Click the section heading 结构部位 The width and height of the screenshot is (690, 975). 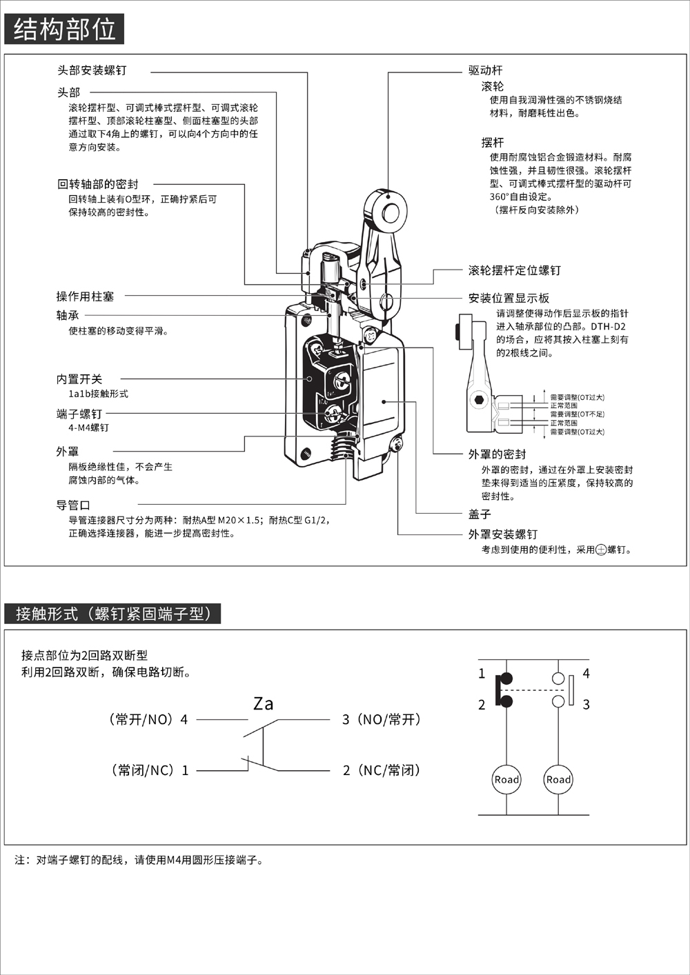(x=64, y=30)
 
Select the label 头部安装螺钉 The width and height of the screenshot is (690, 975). (x=92, y=70)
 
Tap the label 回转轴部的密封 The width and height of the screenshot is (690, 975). (x=98, y=184)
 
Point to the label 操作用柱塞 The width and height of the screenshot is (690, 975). (x=85, y=296)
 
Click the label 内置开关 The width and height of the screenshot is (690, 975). (x=79, y=379)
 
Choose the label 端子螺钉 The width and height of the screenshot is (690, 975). (x=79, y=414)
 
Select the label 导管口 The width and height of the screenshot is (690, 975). (x=73, y=505)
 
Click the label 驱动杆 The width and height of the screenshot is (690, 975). (x=485, y=70)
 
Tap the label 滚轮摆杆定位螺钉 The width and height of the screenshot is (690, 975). (x=514, y=270)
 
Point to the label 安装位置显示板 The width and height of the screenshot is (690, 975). (x=509, y=298)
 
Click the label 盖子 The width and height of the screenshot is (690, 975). (x=480, y=514)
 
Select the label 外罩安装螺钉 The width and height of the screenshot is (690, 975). (x=502, y=534)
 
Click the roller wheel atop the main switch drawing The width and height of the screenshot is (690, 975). (x=388, y=211)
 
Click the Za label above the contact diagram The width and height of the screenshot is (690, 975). (x=263, y=704)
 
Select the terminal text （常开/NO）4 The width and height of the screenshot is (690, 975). (x=148, y=719)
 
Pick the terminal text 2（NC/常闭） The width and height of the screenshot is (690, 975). (x=382, y=770)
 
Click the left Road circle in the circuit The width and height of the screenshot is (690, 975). (x=506, y=780)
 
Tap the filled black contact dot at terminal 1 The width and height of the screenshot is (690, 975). (x=506, y=679)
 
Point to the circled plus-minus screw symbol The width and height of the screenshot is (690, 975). (x=601, y=550)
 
